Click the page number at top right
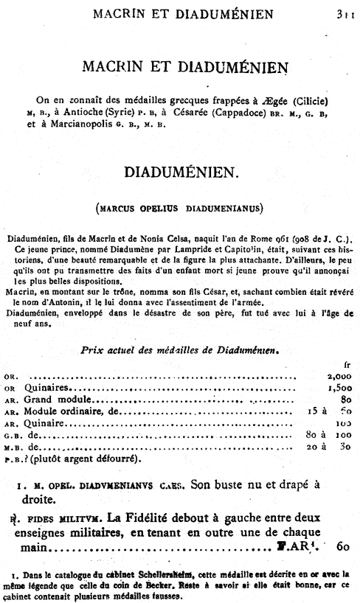click(x=344, y=13)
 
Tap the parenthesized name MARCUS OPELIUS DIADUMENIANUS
click(x=179, y=209)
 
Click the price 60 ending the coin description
click(x=342, y=548)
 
